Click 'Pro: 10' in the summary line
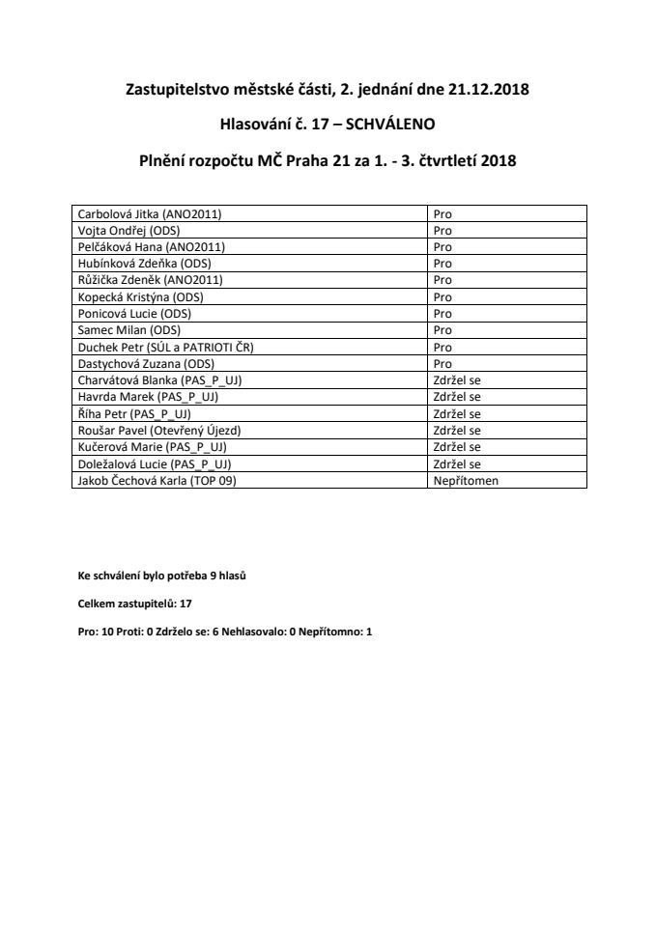coord(97,631)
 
